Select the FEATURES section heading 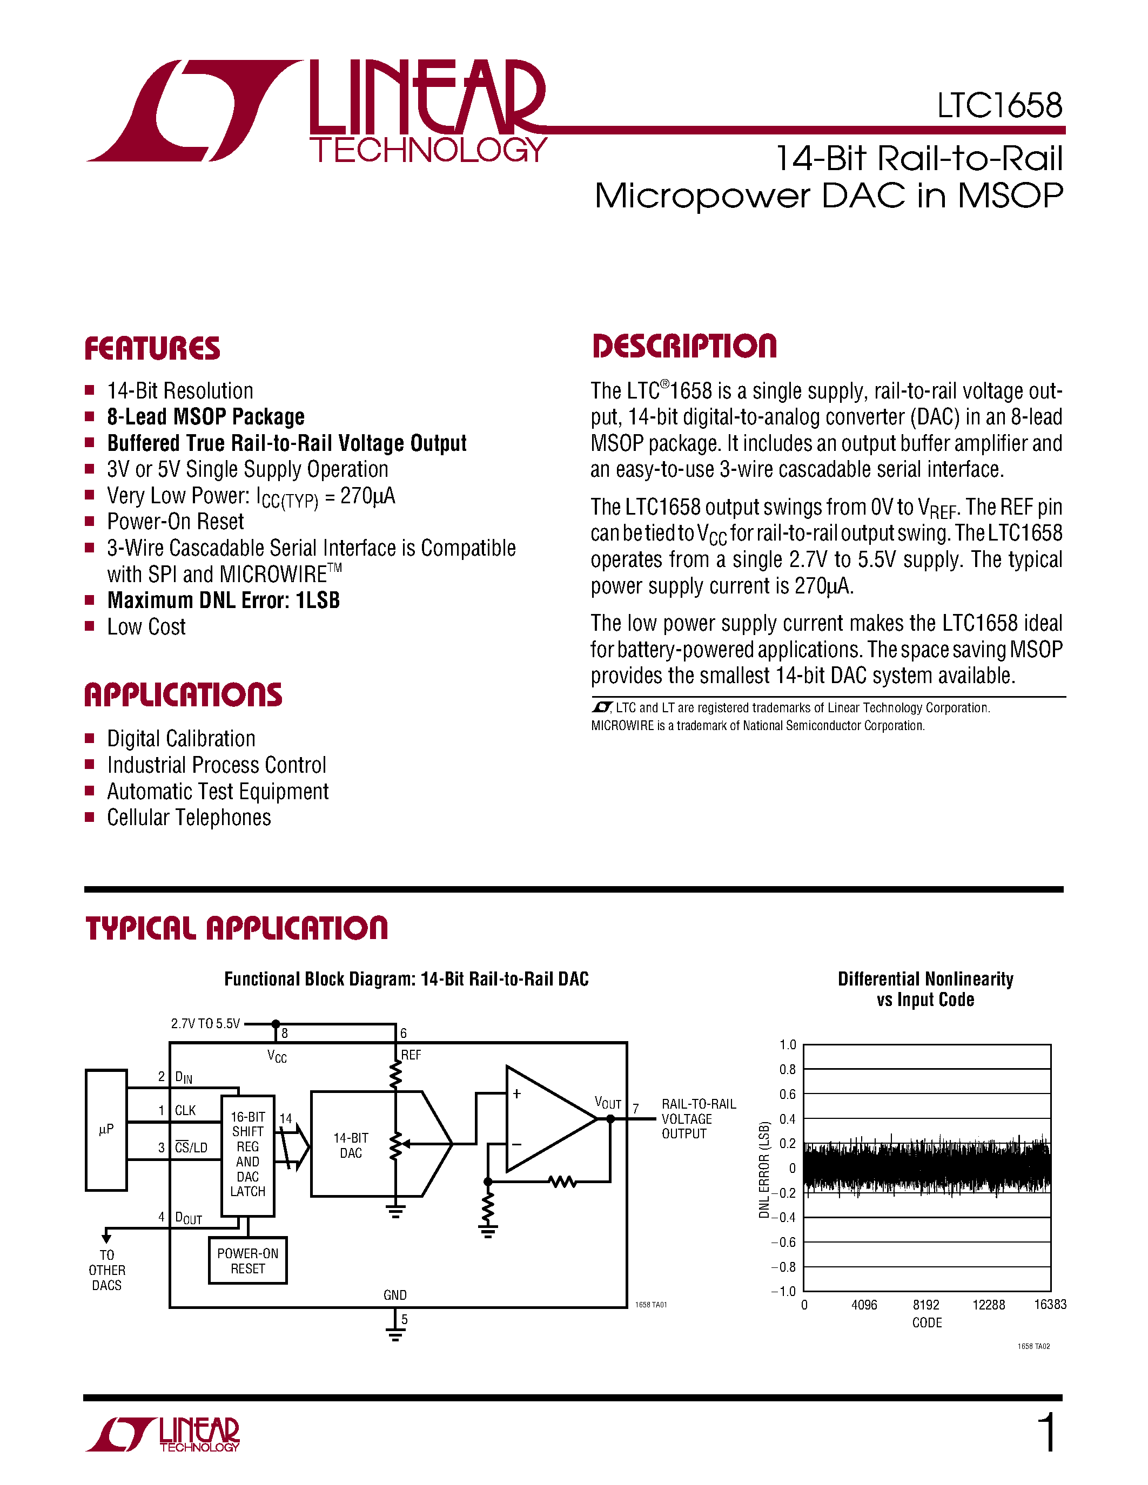(152, 348)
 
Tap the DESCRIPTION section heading (684, 346)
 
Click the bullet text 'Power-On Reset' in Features (176, 522)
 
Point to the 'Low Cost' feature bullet (146, 626)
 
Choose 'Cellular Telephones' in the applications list (189, 818)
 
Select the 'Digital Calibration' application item (182, 738)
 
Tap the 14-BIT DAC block (351, 1145)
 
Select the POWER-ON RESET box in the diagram (247, 1260)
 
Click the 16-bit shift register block (247, 1154)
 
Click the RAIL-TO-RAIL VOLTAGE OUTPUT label (699, 1118)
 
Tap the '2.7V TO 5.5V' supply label (205, 1023)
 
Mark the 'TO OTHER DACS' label (107, 1270)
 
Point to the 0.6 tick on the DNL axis (788, 1094)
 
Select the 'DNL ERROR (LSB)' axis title (764, 1170)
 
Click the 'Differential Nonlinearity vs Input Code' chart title (925, 989)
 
